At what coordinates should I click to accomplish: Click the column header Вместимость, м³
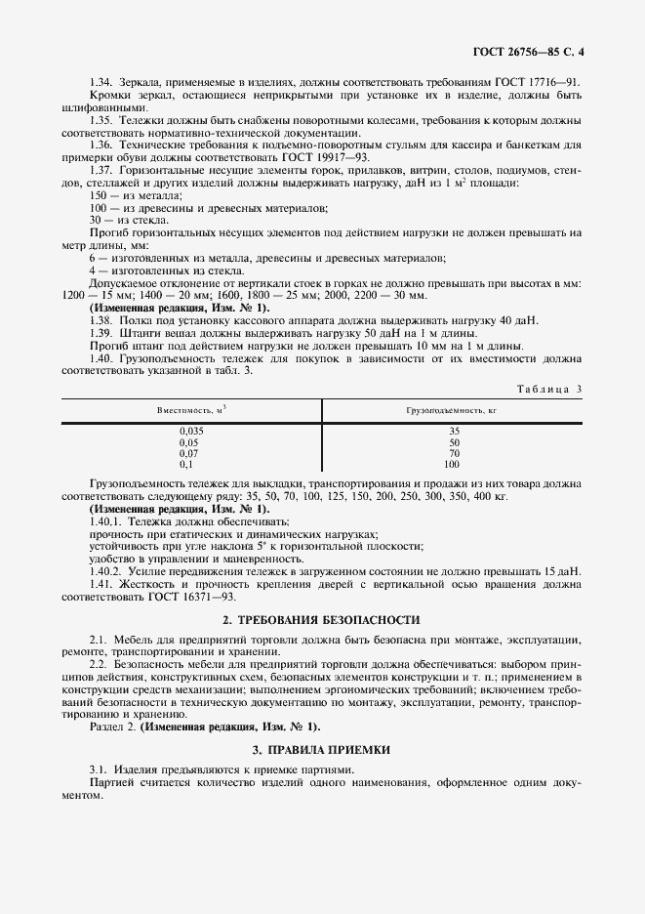pyautogui.click(x=191, y=411)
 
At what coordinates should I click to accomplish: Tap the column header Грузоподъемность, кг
pyautogui.click(x=453, y=411)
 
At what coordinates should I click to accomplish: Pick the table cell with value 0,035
pyautogui.click(x=192, y=431)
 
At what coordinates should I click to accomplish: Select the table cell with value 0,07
pyautogui.click(x=192, y=453)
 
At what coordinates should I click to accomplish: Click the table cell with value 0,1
pyautogui.click(x=192, y=464)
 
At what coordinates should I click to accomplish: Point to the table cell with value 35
pyautogui.click(x=453, y=431)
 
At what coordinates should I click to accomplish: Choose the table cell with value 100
pyautogui.click(x=453, y=464)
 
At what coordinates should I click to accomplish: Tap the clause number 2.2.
pyautogui.click(x=98, y=663)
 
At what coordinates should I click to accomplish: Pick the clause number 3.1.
pyautogui.click(x=98, y=770)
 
